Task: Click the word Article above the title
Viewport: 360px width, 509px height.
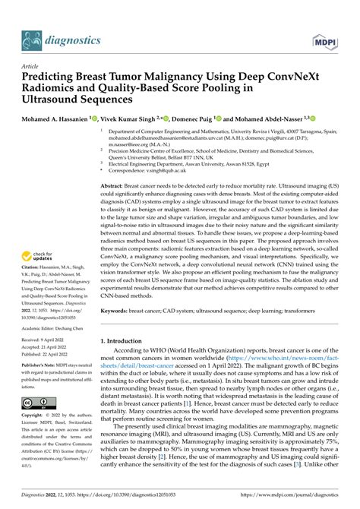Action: [31, 66]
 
